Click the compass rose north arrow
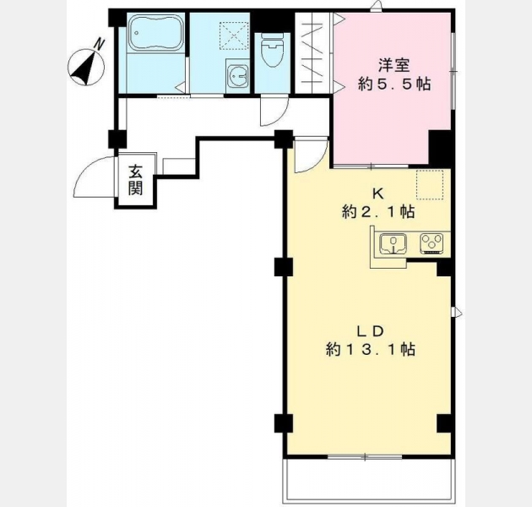(x=86, y=66)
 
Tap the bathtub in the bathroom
(x=156, y=34)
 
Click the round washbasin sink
(x=237, y=77)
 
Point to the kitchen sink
(x=394, y=244)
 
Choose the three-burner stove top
(x=432, y=243)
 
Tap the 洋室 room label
(x=394, y=65)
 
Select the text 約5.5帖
(x=394, y=84)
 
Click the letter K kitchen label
(x=378, y=194)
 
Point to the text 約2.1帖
(x=378, y=212)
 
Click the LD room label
(x=370, y=330)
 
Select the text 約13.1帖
(x=371, y=349)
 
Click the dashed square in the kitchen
(x=430, y=183)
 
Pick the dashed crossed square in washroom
(x=234, y=35)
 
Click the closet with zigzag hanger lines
(x=313, y=52)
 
